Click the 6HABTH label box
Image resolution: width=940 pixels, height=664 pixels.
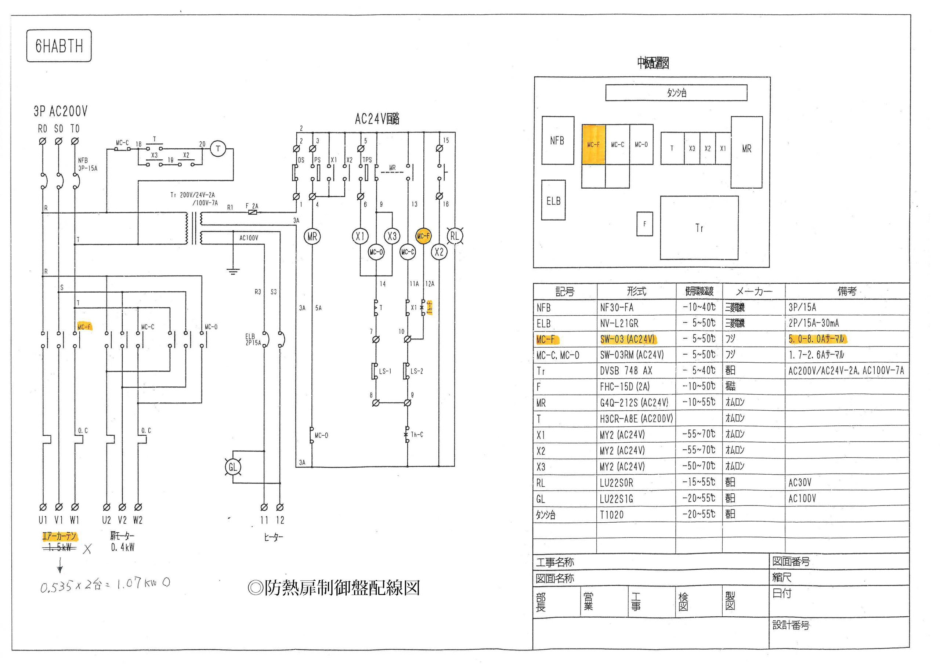(x=59, y=46)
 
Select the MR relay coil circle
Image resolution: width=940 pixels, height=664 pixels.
(x=312, y=236)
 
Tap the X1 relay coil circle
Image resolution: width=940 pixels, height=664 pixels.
(x=360, y=236)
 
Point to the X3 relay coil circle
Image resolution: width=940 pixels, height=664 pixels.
(x=392, y=236)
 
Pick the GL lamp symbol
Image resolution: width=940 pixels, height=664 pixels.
(x=232, y=467)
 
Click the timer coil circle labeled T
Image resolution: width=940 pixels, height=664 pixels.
(x=218, y=149)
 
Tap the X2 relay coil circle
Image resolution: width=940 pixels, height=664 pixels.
(x=439, y=252)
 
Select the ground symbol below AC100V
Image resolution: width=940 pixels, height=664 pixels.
(x=232, y=271)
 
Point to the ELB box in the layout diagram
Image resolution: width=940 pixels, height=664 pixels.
(x=553, y=200)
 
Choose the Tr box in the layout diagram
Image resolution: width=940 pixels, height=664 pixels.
(x=699, y=228)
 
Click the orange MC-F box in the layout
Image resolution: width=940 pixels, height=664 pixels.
(x=593, y=145)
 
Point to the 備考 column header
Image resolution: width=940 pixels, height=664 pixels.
(x=846, y=291)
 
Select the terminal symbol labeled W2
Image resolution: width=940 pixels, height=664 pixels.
(x=138, y=507)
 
